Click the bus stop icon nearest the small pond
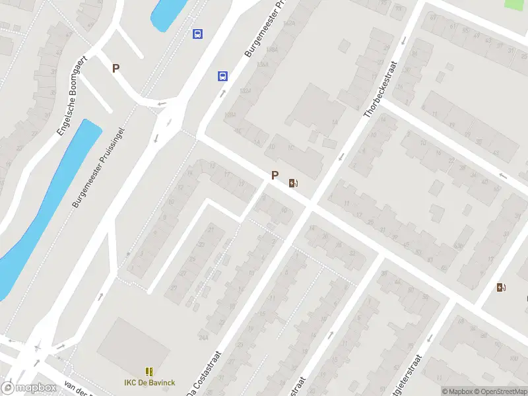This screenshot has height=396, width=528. [x=197, y=34]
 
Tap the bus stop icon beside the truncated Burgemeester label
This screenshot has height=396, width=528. [x=223, y=76]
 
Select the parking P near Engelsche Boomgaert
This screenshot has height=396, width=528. [x=116, y=68]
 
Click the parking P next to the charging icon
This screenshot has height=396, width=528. [x=275, y=176]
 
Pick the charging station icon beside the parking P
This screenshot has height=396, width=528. [x=292, y=183]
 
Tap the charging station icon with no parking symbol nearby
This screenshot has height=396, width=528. [x=501, y=287]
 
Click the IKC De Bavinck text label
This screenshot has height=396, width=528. [x=149, y=382]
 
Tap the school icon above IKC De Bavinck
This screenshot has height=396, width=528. [x=149, y=372]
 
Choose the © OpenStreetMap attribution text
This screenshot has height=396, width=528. [x=499, y=391]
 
